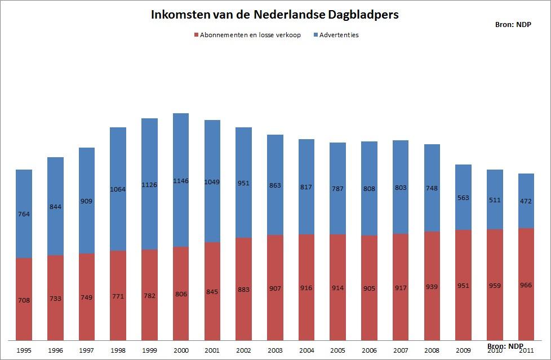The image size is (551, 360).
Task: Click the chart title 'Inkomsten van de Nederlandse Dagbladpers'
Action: coord(274,15)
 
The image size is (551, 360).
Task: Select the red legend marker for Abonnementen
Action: coord(196,35)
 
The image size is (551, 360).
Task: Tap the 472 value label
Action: coord(526,201)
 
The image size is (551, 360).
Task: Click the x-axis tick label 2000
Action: coord(181,350)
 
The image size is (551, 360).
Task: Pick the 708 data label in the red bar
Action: coord(24,300)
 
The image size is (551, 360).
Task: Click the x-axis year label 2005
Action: coord(337,350)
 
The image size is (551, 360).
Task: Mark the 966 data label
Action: coord(526,286)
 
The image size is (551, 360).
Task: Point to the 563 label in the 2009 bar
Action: coord(463,197)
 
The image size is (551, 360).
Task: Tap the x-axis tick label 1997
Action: coord(86,350)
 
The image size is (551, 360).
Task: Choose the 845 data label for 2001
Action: coord(212,292)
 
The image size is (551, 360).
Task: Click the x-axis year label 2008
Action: coord(432,350)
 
